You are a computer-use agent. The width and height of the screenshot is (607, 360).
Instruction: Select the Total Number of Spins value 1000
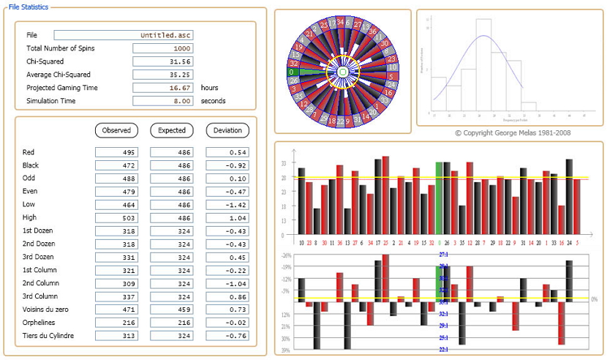[x=163, y=48]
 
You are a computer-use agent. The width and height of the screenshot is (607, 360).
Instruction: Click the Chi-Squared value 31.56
[x=163, y=61]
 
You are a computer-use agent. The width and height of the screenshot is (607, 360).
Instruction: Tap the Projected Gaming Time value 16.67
[x=163, y=88]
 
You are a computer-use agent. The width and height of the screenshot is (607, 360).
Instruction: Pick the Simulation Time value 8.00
[x=163, y=101]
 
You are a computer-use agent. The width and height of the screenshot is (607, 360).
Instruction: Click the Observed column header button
[x=117, y=130]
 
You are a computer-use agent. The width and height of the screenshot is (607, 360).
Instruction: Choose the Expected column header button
[x=172, y=130]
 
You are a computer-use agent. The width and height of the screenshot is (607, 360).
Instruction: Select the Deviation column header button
[x=227, y=130]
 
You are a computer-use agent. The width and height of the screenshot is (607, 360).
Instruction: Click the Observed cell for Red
[x=117, y=152]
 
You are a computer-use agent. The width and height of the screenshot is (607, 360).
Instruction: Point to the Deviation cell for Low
[x=227, y=205]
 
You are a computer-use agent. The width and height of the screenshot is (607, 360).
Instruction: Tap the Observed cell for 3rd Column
[x=117, y=297]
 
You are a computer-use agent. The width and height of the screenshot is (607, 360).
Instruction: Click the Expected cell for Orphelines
[x=172, y=323]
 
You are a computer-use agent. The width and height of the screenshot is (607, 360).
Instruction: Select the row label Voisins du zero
[x=46, y=310]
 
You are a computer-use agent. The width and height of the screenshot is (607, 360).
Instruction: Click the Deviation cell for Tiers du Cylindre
[x=227, y=336]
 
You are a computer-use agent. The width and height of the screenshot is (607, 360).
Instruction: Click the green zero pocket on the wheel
[x=293, y=72]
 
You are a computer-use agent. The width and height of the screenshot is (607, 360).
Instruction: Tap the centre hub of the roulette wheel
[x=342, y=72]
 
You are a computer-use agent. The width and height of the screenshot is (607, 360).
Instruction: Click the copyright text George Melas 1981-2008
[x=512, y=133]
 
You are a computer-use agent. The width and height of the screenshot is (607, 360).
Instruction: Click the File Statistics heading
[x=29, y=7]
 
